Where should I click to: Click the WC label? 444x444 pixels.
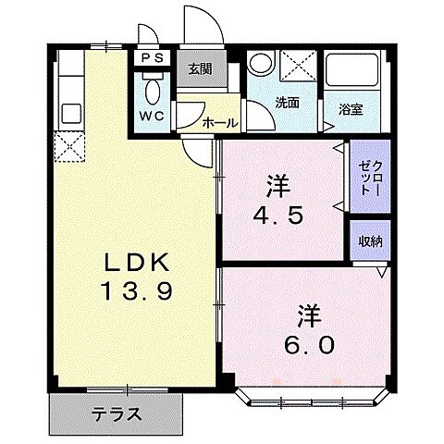coord(152,117)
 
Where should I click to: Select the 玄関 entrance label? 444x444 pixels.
coord(200,68)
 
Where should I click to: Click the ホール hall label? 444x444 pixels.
coord(218,120)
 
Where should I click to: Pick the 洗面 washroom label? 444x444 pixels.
coord(286,103)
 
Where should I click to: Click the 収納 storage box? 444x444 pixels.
coord(371,241)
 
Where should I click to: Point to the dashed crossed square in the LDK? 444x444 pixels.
coord(67,145)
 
